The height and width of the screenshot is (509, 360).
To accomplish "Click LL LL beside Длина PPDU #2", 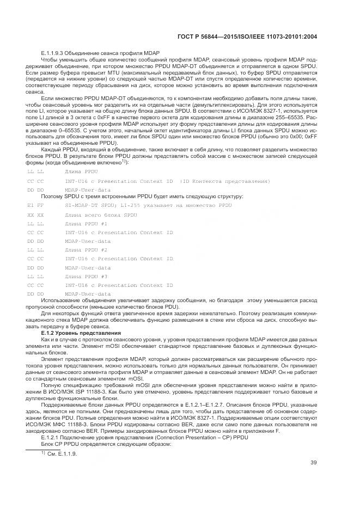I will pos(35,250).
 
